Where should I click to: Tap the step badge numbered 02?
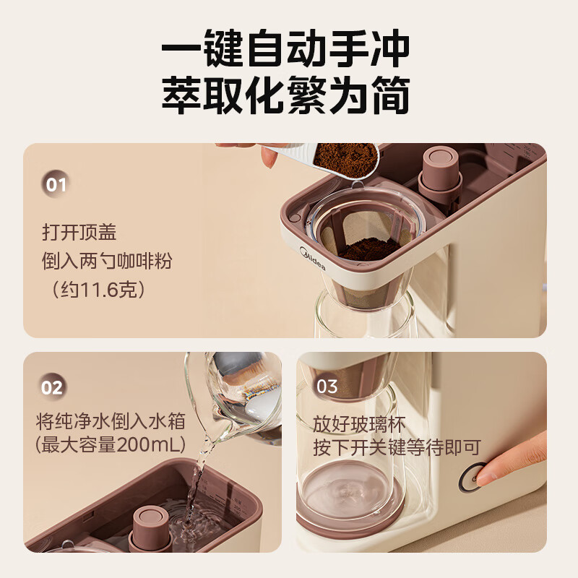(x=51, y=387)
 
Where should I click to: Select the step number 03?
(x=327, y=387)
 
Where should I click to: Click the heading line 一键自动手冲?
(x=286, y=48)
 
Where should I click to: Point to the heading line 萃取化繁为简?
(x=286, y=95)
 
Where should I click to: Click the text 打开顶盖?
(x=79, y=233)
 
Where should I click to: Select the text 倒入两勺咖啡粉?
(x=107, y=261)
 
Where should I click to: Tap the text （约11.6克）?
(x=98, y=290)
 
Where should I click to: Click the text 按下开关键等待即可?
(x=397, y=448)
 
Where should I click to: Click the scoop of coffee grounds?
(x=345, y=158)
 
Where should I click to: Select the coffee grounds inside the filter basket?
(x=370, y=249)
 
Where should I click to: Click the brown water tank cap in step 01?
(x=441, y=170)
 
